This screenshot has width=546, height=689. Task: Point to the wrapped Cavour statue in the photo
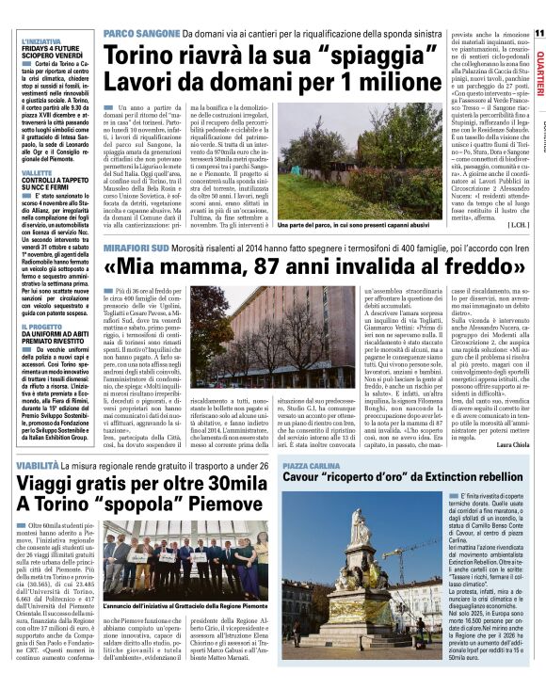360,565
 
